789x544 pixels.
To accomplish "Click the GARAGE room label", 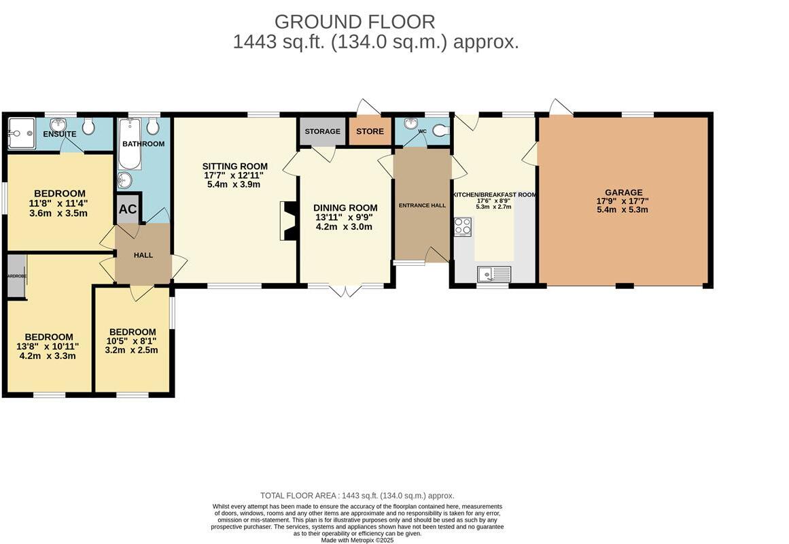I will (624, 192).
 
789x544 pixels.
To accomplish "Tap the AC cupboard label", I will (128, 210).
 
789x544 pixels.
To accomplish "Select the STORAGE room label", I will (322, 131).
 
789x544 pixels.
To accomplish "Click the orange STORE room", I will (370, 132).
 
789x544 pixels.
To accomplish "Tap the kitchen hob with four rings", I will (463, 226).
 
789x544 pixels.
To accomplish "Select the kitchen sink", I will (493, 274).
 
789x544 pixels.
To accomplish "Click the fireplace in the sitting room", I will (287, 221).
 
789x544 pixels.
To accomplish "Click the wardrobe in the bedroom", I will (16, 275).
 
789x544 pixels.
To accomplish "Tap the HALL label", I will (143, 255).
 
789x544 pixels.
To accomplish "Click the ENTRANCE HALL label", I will (422, 205).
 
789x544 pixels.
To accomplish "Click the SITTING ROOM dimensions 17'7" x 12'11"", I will (234, 175).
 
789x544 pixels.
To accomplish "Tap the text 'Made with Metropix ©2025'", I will (357, 540).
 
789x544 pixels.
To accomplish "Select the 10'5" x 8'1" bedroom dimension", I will (132, 341).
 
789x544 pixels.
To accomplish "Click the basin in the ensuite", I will (59, 125).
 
